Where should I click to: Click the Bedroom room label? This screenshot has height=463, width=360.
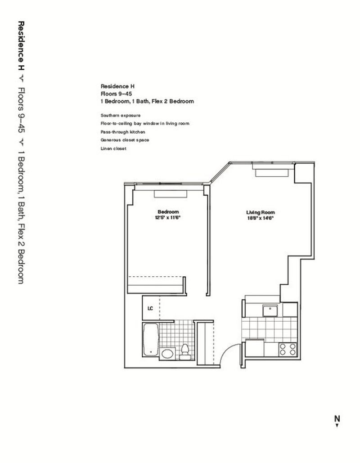(168, 212)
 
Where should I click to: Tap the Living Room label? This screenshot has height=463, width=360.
(261, 212)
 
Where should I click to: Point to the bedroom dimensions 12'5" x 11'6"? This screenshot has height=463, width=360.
(168, 218)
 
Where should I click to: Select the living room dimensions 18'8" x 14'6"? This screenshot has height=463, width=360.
(261, 218)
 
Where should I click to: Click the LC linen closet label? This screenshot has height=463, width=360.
(150, 308)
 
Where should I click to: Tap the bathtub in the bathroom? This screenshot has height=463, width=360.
(151, 340)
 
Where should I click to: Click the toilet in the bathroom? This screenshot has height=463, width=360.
(185, 351)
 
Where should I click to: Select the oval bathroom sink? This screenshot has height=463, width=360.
(167, 354)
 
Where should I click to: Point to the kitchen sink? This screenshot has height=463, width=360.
(270, 310)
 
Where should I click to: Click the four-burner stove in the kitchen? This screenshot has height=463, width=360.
(288, 349)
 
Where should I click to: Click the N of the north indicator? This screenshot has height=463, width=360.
(337, 418)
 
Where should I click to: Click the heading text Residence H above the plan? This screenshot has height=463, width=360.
(117, 86)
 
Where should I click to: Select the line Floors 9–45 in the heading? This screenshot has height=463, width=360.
(116, 94)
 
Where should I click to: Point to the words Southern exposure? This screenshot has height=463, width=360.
(121, 116)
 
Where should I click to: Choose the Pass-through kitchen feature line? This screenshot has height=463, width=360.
(123, 132)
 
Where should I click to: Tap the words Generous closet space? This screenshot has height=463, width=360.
(125, 140)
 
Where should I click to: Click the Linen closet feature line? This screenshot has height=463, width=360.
(113, 148)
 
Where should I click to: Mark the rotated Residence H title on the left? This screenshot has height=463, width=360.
(21, 46)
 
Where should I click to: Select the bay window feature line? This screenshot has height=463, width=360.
(145, 123)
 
